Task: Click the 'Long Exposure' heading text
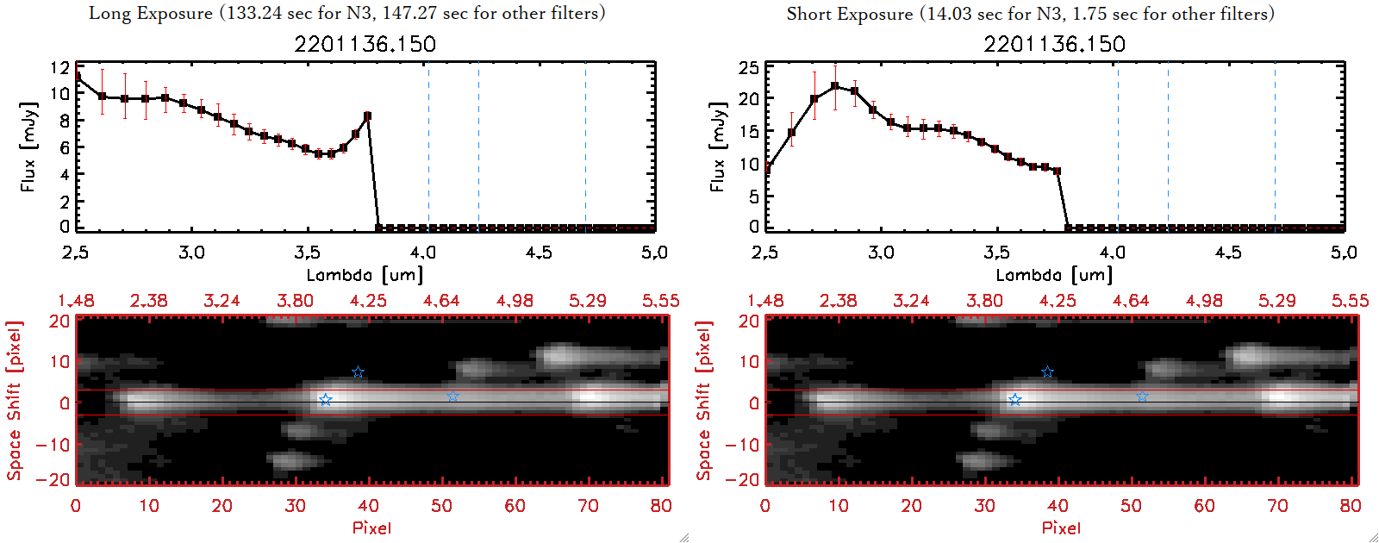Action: [x=151, y=13]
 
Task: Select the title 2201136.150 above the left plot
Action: [x=365, y=44]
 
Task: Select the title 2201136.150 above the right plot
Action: [x=1054, y=44]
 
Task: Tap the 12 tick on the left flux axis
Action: [x=60, y=67]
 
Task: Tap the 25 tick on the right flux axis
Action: [x=749, y=67]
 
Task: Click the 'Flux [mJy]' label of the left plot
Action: [x=29, y=147]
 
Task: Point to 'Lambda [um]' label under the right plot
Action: [x=1054, y=275]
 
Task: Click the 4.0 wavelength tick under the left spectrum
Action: [x=422, y=253]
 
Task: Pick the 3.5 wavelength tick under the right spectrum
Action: [x=996, y=253]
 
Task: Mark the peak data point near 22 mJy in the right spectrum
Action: [x=835, y=86]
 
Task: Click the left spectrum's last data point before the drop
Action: [x=367, y=115]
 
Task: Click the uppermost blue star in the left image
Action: [x=358, y=372]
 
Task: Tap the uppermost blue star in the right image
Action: [x=1047, y=372]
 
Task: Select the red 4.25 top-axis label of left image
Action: [x=368, y=301]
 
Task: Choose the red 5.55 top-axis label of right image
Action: [x=1350, y=301]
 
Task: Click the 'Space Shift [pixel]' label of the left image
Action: [x=14, y=401]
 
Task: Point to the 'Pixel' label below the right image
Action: [x=1061, y=527]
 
